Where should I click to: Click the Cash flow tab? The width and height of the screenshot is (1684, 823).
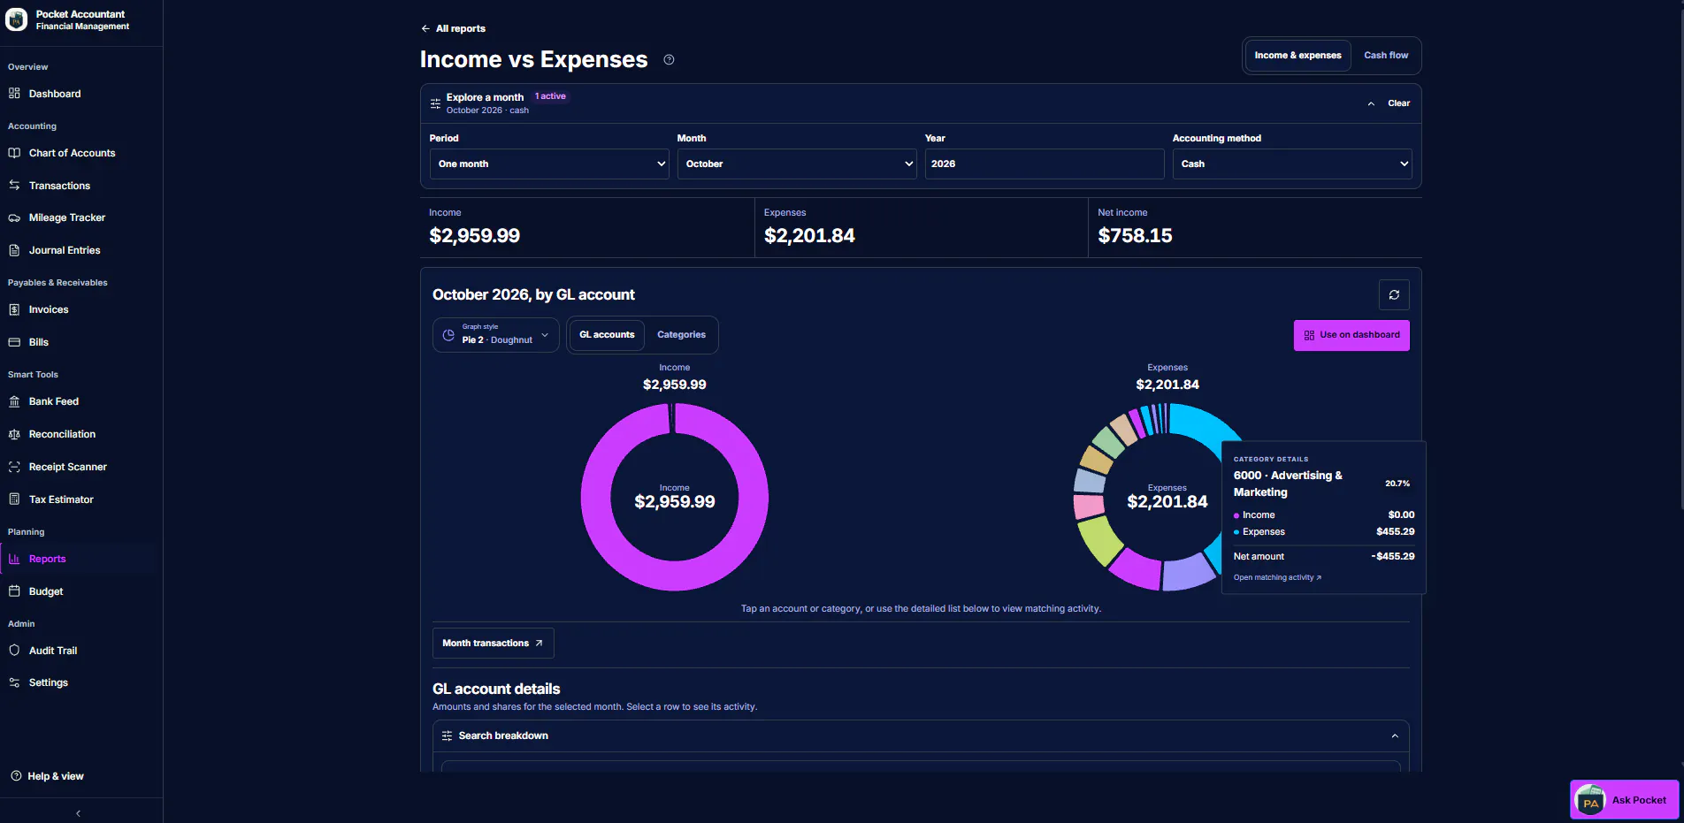(x=1386, y=55)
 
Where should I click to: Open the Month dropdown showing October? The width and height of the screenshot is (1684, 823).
(x=797, y=164)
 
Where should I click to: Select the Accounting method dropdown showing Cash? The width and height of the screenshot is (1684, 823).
(x=1292, y=164)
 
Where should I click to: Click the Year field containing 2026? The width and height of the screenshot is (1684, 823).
(x=1045, y=164)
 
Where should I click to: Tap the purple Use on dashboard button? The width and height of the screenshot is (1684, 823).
(x=1351, y=335)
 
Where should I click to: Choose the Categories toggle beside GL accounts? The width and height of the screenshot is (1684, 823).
(x=681, y=335)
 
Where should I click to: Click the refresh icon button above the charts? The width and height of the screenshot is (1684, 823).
(x=1394, y=295)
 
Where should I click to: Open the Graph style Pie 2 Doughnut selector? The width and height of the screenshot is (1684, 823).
(x=496, y=335)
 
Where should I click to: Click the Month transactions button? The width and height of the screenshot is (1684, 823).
(x=493, y=644)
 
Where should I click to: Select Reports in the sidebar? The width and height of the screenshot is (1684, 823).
(x=48, y=559)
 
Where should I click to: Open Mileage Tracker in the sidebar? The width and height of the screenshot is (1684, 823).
(x=67, y=217)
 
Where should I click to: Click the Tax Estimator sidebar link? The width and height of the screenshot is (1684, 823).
(x=61, y=499)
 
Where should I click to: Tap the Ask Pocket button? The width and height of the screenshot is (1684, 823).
(x=1625, y=800)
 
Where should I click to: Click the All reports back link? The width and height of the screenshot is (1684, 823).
(x=453, y=28)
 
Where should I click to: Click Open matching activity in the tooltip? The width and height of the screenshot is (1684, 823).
(x=1277, y=578)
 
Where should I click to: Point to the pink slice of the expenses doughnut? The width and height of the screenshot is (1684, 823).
(x=1089, y=507)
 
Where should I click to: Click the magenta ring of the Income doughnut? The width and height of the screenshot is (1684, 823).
(x=596, y=497)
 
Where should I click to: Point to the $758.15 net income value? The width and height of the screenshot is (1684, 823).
(x=1135, y=236)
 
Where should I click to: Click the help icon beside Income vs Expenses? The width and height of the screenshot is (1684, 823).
(x=670, y=60)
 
